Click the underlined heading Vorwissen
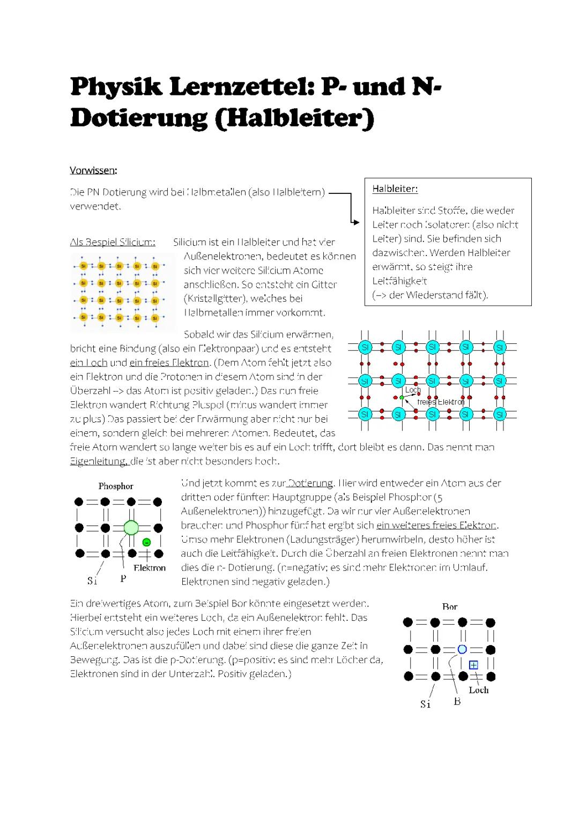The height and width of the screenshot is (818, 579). click(92, 170)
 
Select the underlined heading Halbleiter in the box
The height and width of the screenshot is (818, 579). click(395, 189)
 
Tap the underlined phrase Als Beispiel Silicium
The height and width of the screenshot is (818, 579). click(113, 242)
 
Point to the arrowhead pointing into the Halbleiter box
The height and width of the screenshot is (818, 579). click(354, 221)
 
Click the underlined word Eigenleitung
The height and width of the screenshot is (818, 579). click(99, 461)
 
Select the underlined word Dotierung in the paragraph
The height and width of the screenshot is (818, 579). click(310, 483)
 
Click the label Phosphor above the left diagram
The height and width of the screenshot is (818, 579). click(116, 486)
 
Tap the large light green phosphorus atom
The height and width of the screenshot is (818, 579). click(131, 528)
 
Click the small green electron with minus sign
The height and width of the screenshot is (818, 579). click(146, 542)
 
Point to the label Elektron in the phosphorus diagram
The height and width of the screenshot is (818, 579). click(150, 568)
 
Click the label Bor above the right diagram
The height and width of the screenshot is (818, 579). click(449, 607)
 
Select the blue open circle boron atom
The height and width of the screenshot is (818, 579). click(462, 649)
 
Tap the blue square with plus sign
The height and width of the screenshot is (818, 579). click(473, 665)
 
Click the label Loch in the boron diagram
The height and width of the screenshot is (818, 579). click(479, 690)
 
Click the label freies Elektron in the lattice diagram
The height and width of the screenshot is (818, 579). click(441, 402)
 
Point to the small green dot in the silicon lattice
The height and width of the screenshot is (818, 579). click(402, 397)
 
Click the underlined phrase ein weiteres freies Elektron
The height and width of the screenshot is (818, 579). click(436, 526)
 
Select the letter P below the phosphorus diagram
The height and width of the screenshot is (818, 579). click(123, 579)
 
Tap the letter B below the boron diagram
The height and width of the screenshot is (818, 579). click(457, 701)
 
